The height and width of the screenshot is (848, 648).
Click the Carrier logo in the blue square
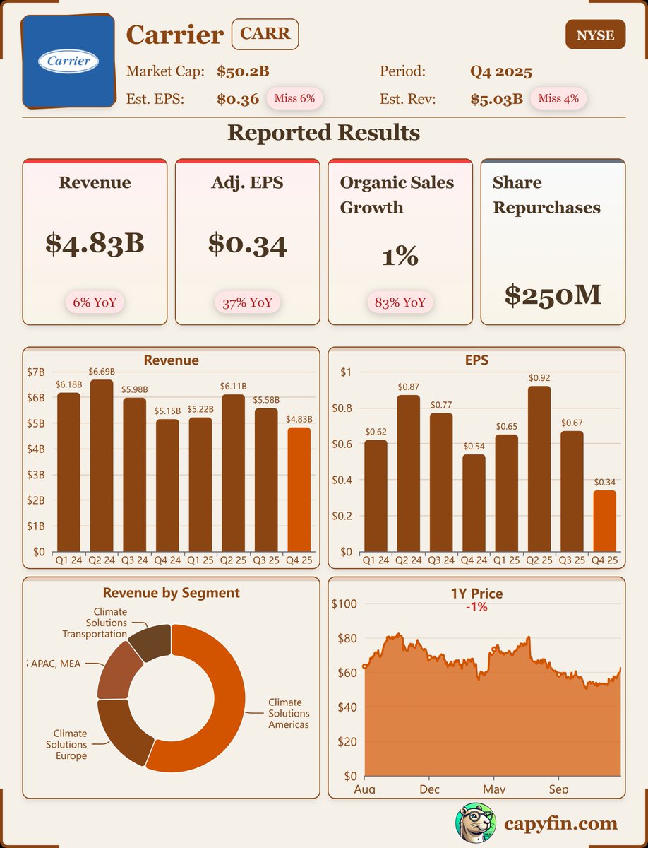(x=68, y=61)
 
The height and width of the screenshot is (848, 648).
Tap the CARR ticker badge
(x=265, y=34)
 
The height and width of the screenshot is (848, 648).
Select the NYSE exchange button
(x=595, y=35)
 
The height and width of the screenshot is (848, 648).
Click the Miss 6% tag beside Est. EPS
(x=294, y=98)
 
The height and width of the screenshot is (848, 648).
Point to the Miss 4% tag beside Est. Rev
(x=558, y=98)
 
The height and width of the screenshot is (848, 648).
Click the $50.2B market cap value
(x=243, y=71)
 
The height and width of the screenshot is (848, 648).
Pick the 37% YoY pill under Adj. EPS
(x=248, y=303)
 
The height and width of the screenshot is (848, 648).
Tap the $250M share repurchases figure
(x=553, y=294)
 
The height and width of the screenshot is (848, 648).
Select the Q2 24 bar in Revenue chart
(x=101, y=466)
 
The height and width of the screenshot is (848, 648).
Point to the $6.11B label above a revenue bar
(x=234, y=386)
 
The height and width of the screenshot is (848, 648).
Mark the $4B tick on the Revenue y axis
(x=35, y=449)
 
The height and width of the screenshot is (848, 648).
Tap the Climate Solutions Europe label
(x=66, y=745)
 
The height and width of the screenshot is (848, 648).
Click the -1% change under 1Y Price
(x=476, y=606)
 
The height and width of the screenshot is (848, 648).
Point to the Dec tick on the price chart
(x=428, y=789)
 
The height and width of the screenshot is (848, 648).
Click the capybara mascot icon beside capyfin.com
(x=474, y=823)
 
